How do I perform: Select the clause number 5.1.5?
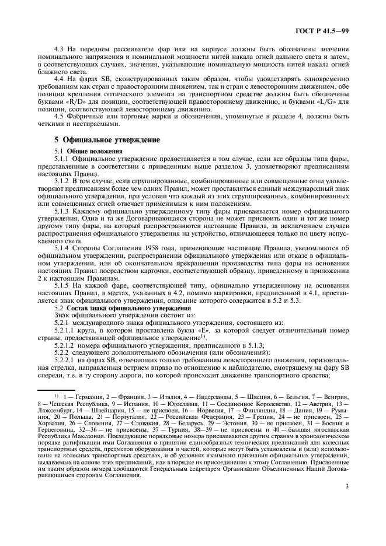(x=62, y=285)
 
